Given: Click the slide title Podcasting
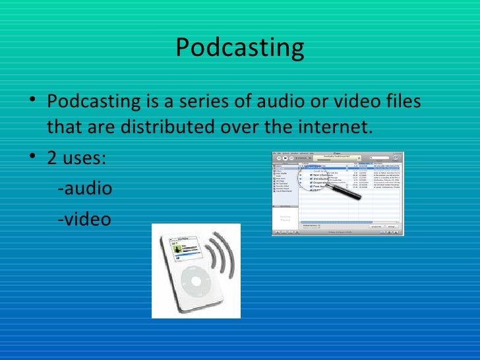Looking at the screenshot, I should (x=240, y=47).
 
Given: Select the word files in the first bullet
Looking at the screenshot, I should (x=398, y=103).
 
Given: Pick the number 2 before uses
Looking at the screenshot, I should (x=51, y=159).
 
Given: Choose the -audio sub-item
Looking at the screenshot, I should (x=85, y=189).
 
